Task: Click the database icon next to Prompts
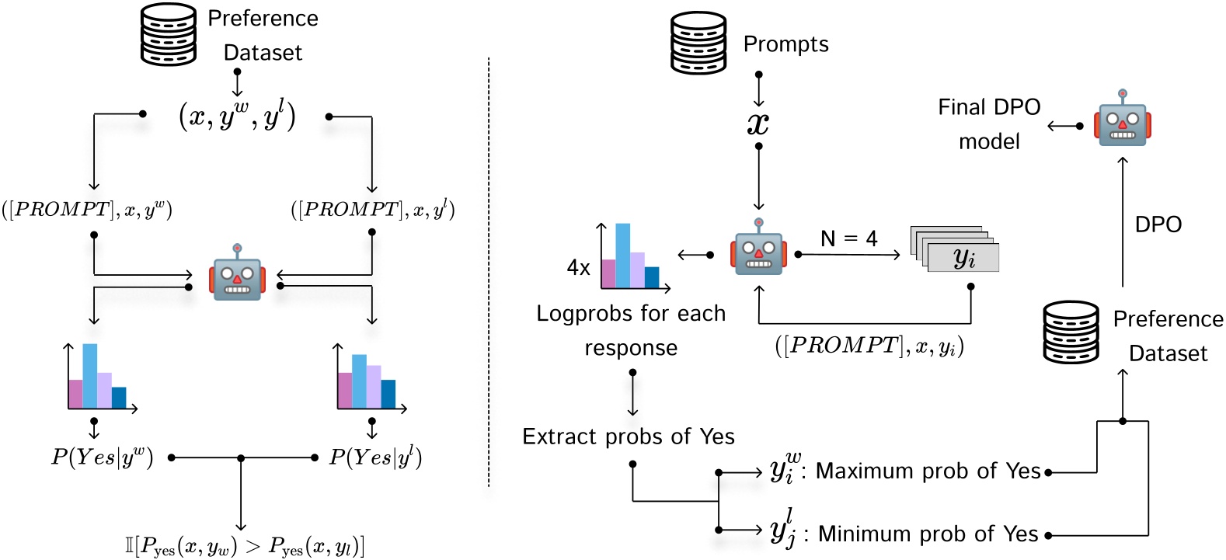[x=698, y=43]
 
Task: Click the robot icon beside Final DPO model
[x=1122, y=118]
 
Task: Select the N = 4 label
[x=848, y=238]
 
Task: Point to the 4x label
[x=578, y=268]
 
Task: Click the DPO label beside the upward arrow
[x=1158, y=224]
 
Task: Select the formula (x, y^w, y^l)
[x=237, y=117]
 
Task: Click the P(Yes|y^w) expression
[x=102, y=457]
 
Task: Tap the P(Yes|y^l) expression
[x=375, y=457]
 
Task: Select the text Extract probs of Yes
[x=628, y=437]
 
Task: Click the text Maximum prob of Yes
[x=928, y=471]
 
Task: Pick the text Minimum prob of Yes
[x=928, y=534]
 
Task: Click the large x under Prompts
[x=758, y=123]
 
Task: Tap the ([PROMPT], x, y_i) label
[x=869, y=346]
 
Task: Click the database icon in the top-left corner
[x=168, y=35]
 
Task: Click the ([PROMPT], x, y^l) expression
[x=372, y=210]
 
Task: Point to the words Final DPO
[x=988, y=107]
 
